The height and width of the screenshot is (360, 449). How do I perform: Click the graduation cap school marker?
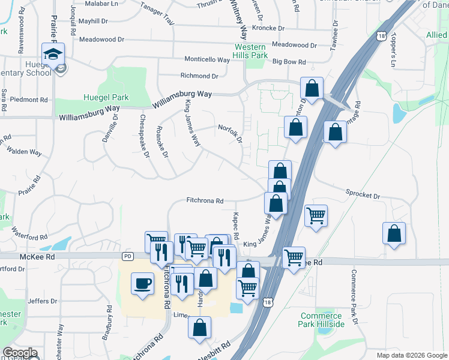[x=53, y=54]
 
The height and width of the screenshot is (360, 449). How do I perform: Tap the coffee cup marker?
[x=142, y=283]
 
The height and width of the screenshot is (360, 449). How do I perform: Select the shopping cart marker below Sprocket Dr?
[x=316, y=215]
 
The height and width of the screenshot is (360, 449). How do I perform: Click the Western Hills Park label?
[x=251, y=51]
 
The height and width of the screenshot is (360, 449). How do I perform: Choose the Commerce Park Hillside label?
[x=322, y=320]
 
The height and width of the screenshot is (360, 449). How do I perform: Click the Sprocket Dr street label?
[x=363, y=196]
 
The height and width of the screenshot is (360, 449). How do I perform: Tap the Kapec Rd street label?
[x=237, y=224]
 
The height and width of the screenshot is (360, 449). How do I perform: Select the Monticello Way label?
[x=207, y=61]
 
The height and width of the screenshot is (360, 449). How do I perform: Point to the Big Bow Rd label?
[x=289, y=62]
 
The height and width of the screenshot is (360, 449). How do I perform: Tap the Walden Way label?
[x=25, y=152]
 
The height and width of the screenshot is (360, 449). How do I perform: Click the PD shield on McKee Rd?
[x=127, y=256]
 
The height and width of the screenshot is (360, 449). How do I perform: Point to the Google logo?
[x=20, y=353]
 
